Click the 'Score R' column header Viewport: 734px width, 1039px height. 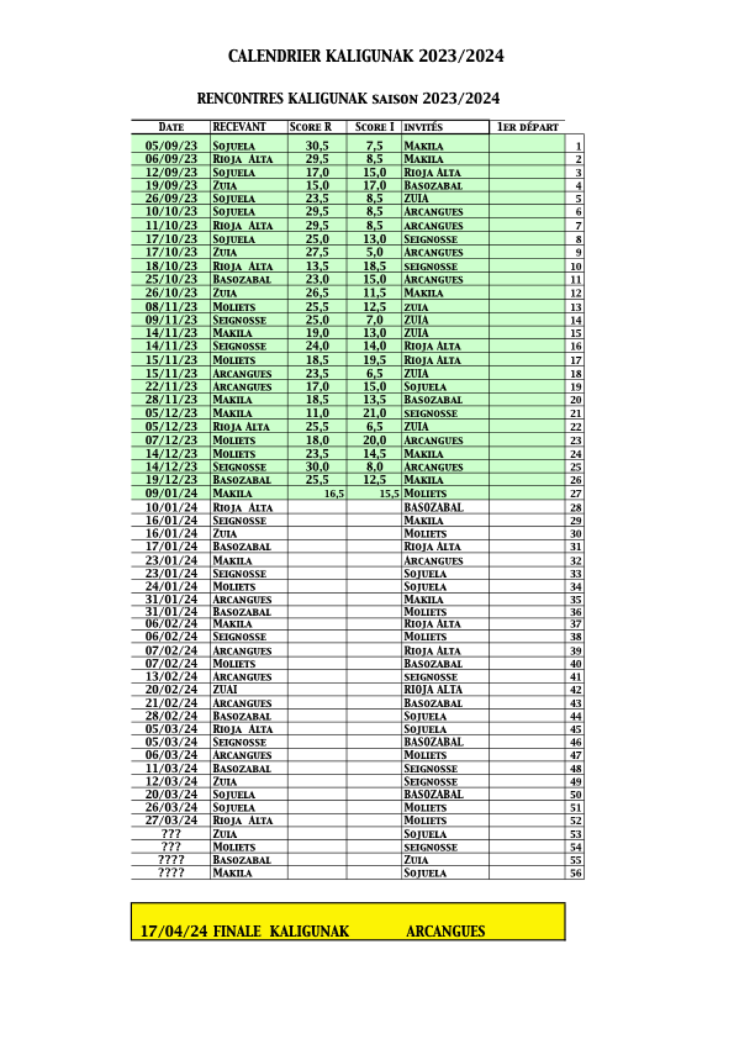310,127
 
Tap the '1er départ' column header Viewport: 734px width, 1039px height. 527,127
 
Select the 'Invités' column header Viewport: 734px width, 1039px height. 423,127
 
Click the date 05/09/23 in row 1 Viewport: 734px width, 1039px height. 171,146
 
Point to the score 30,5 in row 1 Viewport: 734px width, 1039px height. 317,146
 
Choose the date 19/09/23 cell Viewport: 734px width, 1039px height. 171,185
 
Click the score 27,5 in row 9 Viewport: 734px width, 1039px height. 317,252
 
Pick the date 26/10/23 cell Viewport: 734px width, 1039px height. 171,292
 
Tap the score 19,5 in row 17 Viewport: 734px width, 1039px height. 374,360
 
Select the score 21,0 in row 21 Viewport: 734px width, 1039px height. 374,413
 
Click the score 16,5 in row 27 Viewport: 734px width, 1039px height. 334,494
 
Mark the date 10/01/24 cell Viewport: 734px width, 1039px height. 171,507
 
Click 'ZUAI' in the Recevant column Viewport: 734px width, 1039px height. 225,689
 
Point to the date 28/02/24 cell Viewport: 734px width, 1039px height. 171,716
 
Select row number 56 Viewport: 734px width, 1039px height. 575,873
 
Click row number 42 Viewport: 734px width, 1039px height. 575,690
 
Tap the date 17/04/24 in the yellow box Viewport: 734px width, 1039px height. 173,931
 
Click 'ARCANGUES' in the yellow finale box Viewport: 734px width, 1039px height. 445,931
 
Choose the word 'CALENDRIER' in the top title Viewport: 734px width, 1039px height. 274,56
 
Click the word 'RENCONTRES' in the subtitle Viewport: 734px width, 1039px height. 240,98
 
